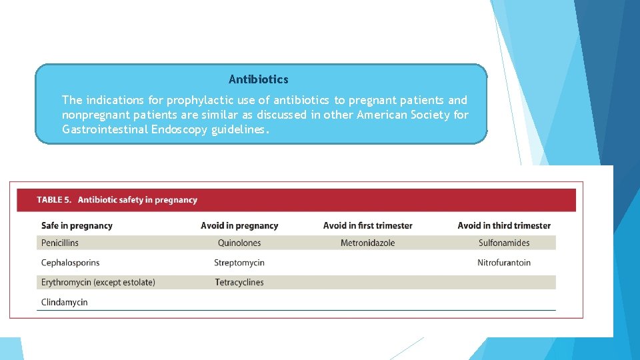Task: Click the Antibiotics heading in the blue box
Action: click(259, 79)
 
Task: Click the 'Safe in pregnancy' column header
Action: click(77, 226)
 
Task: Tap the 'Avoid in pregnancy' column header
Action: click(239, 226)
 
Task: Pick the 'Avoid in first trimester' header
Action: click(367, 226)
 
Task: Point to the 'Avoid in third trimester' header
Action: click(504, 226)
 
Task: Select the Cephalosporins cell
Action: click(70, 263)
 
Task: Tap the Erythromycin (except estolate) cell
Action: click(98, 283)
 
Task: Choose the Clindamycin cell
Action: click(65, 303)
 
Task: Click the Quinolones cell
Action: click(239, 243)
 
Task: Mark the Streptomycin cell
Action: click(239, 263)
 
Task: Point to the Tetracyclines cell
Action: click(239, 283)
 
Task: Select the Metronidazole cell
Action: click(367, 243)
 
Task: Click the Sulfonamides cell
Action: click(504, 243)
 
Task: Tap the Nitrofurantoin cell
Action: click(504, 263)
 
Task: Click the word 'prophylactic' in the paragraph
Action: click(198, 101)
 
